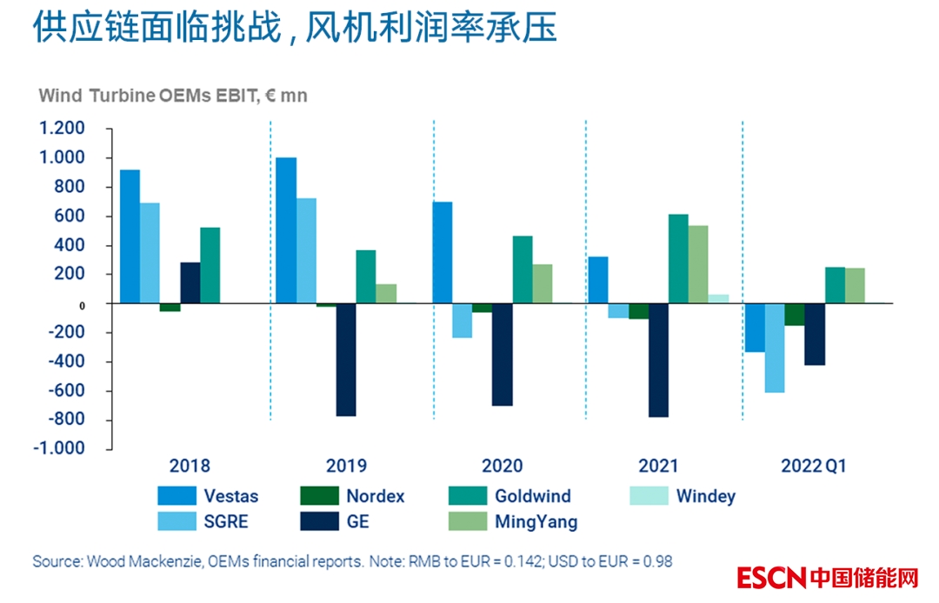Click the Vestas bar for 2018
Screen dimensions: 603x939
[130, 236]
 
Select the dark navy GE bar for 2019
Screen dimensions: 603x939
[346, 360]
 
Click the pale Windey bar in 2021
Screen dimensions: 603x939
[718, 299]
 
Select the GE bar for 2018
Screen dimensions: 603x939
[190, 282]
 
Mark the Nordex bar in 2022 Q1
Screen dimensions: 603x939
[795, 315]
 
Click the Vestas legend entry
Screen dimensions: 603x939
[209, 497]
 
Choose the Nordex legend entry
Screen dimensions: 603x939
[353, 497]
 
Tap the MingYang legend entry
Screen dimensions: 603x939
[514, 522]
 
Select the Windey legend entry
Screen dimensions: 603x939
[683, 497]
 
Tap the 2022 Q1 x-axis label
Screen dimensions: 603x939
[814, 466]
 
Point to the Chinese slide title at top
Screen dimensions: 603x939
[295, 29]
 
